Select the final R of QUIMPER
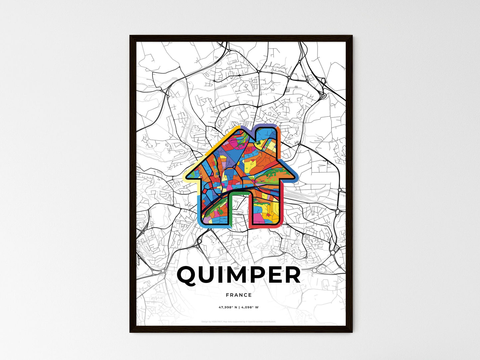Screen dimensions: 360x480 [291, 275]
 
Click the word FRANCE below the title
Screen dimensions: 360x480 [239, 295]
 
